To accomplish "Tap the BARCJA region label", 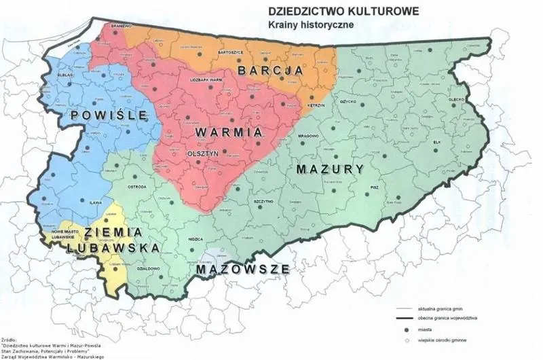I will point(269,70).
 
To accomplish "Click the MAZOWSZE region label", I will point(243,269).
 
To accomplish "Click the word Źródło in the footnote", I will point(10,337).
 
